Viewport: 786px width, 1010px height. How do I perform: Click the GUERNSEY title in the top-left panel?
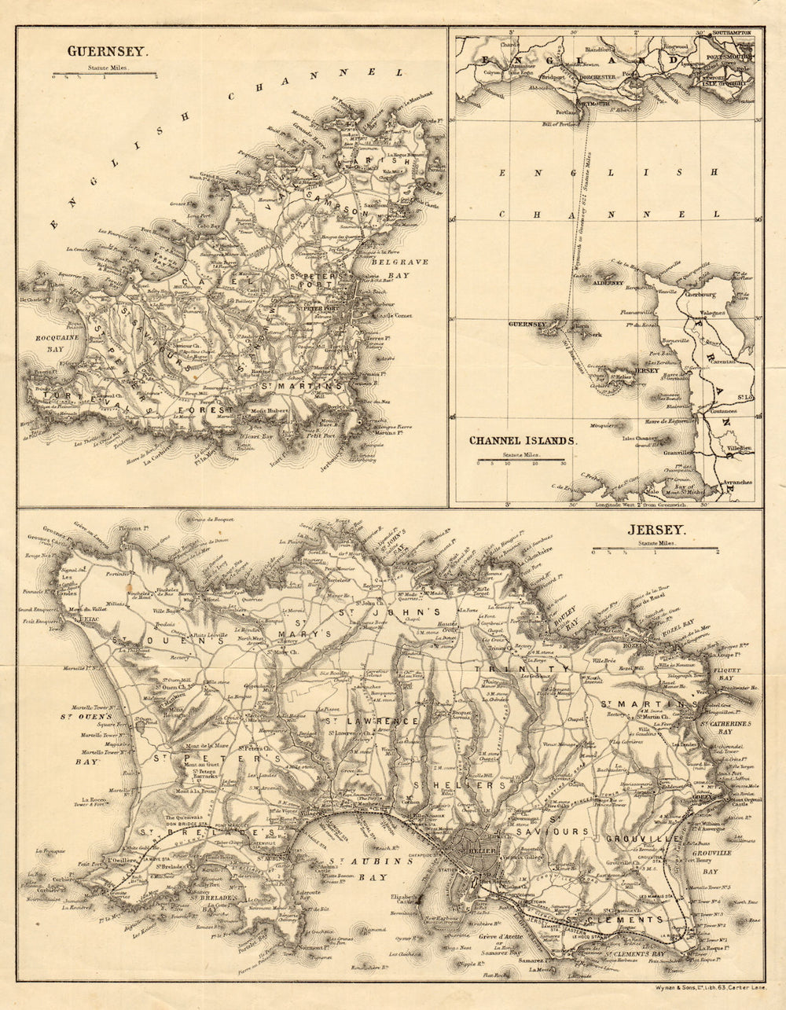[106, 51]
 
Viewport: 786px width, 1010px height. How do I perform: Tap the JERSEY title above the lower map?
[656, 531]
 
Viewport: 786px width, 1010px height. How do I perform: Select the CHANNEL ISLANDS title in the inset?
[523, 441]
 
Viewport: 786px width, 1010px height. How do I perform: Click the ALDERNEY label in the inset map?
[607, 281]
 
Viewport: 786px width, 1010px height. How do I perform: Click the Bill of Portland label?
[560, 125]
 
